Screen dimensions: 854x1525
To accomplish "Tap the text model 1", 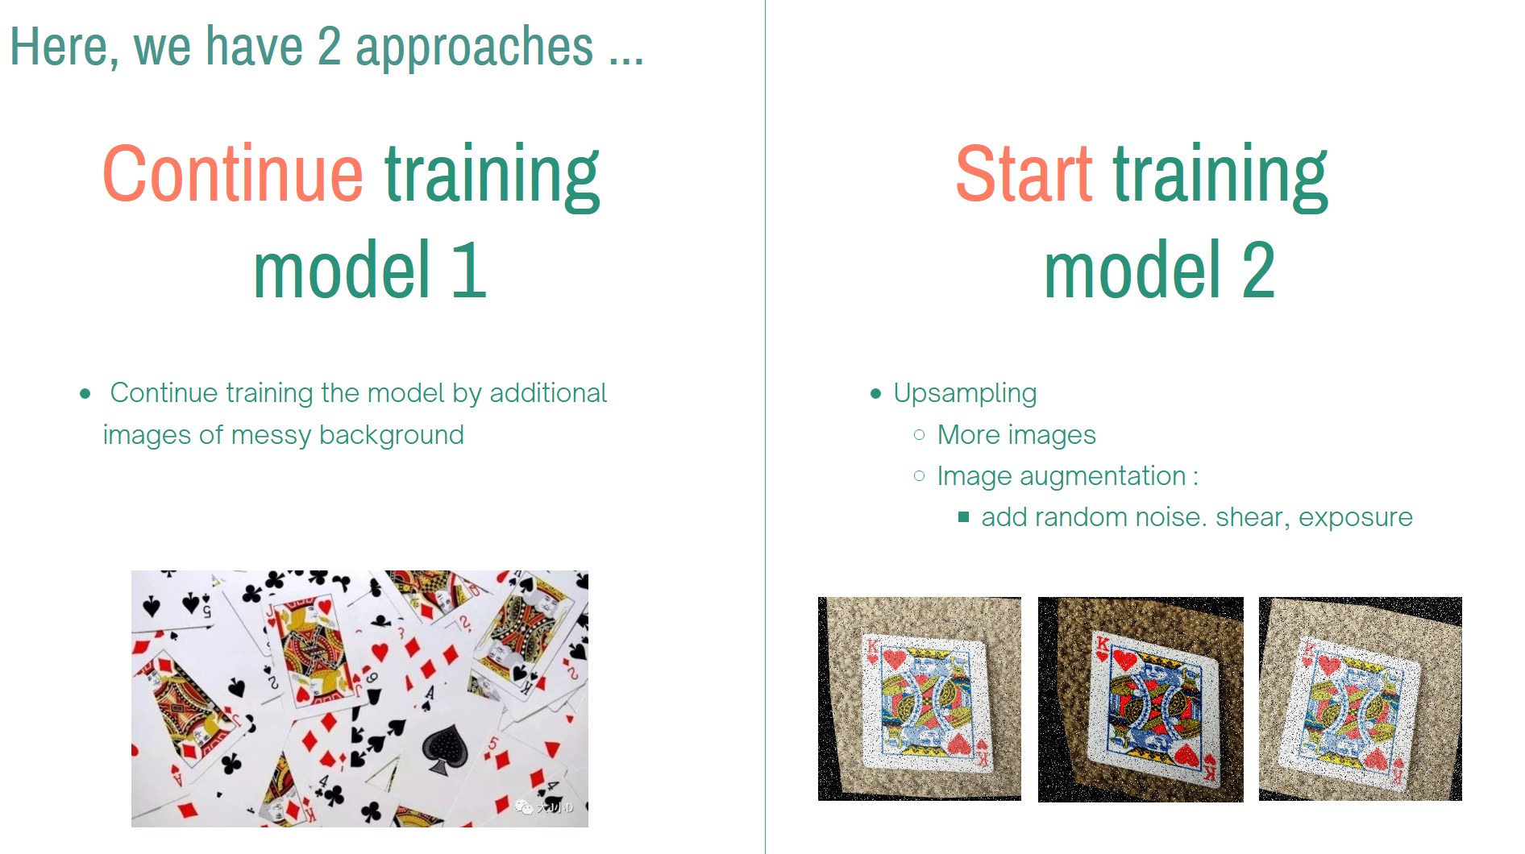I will (x=370, y=271).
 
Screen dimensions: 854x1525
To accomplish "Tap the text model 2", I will (x=1159, y=271).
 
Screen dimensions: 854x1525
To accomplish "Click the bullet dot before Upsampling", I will (x=876, y=394).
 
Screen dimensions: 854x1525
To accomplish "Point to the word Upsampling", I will (x=965, y=393).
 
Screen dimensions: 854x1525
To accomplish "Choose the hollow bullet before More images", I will (x=919, y=435).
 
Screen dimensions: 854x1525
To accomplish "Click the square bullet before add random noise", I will (x=963, y=517).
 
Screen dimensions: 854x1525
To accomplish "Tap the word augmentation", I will (x=1102, y=476).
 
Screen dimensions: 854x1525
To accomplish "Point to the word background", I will (x=391, y=435).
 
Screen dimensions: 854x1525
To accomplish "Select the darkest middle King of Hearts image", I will (x=1141, y=699).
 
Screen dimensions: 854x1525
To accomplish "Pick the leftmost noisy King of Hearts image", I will (x=920, y=699).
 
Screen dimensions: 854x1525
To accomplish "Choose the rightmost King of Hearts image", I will (x=1361, y=699).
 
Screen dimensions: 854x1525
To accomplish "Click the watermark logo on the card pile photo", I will (x=524, y=806).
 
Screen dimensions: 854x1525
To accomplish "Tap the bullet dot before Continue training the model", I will (x=85, y=394).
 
